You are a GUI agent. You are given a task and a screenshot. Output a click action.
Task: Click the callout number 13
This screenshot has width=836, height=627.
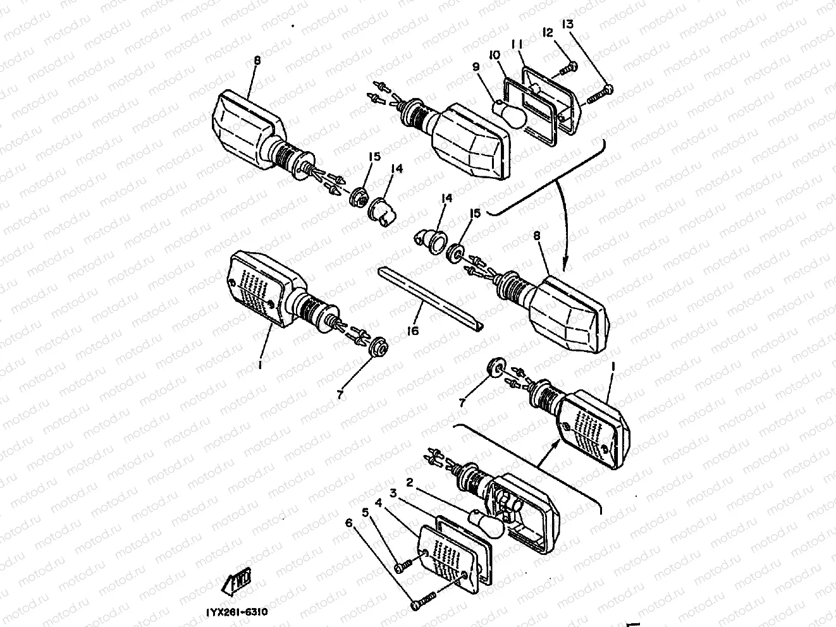(x=567, y=25)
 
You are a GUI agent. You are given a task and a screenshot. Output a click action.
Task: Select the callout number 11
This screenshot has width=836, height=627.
(x=517, y=45)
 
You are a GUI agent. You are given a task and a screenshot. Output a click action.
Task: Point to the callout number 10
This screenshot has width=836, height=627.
(x=494, y=56)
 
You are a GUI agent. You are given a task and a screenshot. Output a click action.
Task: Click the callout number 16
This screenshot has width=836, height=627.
(x=413, y=330)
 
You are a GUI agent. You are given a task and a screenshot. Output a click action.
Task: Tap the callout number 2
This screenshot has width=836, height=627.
(x=410, y=483)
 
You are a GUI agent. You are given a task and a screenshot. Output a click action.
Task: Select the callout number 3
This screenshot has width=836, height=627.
(x=393, y=492)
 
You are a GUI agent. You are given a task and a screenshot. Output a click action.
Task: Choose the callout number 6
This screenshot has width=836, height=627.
(x=348, y=523)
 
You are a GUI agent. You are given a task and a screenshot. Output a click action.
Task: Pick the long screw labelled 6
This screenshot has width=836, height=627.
(x=425, y=599)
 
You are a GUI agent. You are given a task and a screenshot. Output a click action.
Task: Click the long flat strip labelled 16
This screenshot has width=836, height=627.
(x=430, y=297)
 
